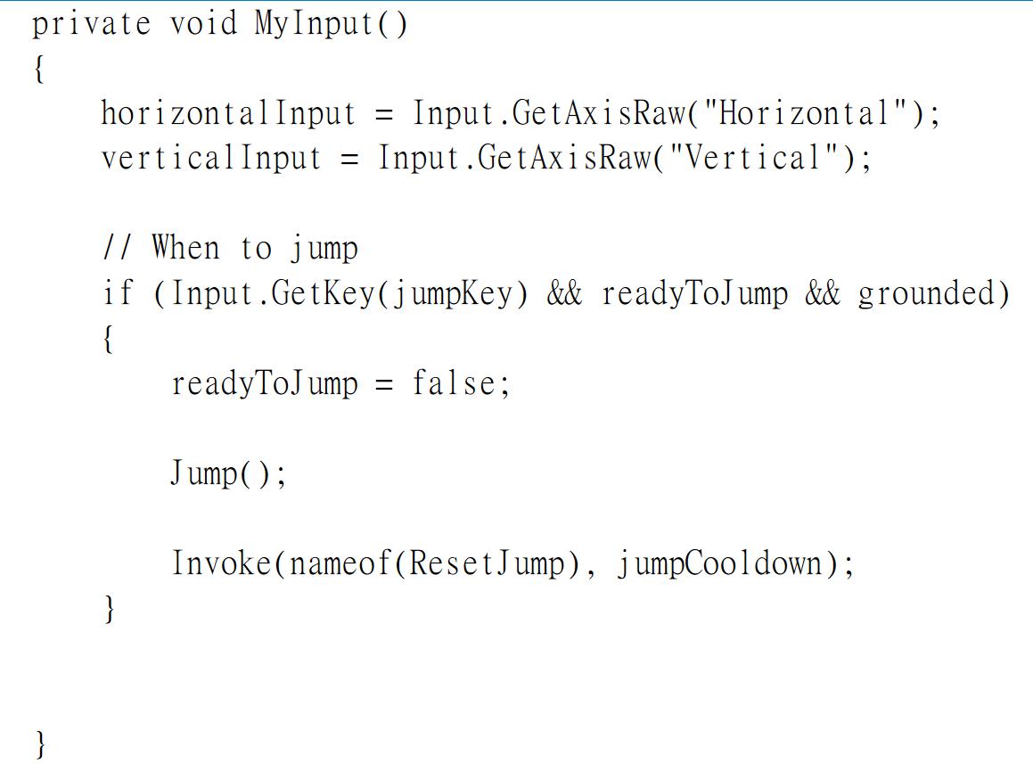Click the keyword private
coord(91,24)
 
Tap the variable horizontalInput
coord(228,114)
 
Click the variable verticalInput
coord(211,159)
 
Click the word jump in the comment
coord(324,249)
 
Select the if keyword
coord(117,293)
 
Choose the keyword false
coord(453,383)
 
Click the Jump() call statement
coord(228,473)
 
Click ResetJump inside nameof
coord(487,563)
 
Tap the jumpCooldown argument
coord(719,563)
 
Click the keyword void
coord(203,24)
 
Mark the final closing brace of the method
coord(40,743)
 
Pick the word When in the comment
coord(185,248)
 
